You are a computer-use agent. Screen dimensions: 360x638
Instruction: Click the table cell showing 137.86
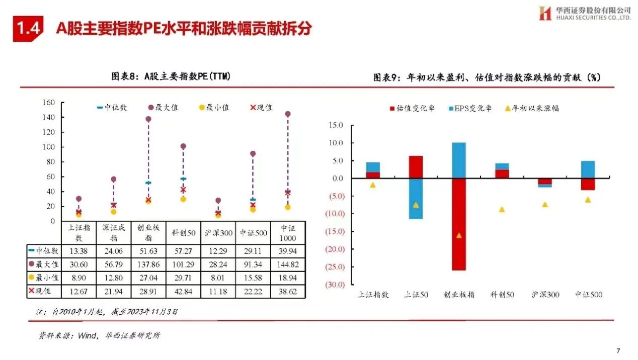148,263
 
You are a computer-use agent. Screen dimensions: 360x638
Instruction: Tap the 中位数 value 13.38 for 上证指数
79,249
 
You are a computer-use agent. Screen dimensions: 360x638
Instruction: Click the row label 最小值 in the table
45,277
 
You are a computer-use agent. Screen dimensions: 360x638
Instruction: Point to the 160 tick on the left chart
48,103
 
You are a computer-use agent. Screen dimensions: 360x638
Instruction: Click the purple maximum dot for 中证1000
288,114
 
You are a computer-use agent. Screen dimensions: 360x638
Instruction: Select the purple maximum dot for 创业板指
148,119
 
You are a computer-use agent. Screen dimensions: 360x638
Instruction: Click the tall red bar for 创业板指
458,224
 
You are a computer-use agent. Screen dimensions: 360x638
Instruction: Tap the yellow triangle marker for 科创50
502,209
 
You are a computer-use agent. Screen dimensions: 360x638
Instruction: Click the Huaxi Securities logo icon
545,14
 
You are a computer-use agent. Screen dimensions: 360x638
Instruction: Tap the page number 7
618,350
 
